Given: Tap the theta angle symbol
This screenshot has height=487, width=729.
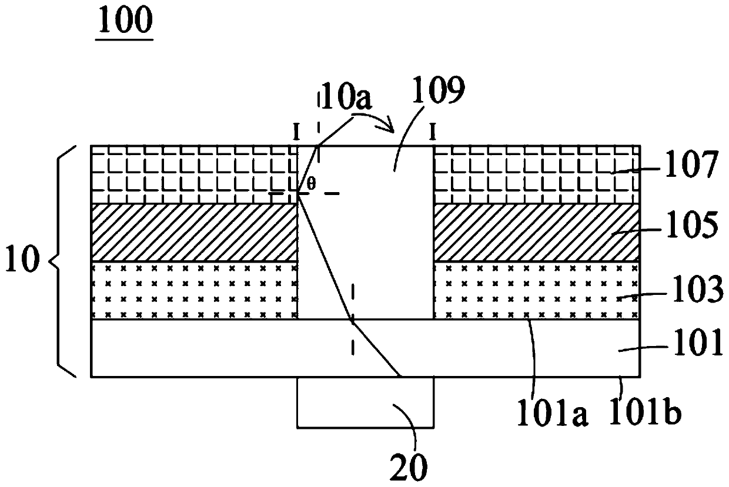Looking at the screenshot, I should point(312,183).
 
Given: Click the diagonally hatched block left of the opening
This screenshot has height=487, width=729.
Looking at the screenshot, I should point(194,232).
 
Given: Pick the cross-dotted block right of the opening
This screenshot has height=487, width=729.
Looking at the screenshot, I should point(535,290).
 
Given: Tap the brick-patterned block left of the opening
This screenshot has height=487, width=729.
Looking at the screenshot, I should point(194,174).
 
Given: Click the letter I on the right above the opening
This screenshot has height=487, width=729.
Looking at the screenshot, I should point(433,133).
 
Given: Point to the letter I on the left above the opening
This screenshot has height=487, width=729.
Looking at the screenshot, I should point(296,133).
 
